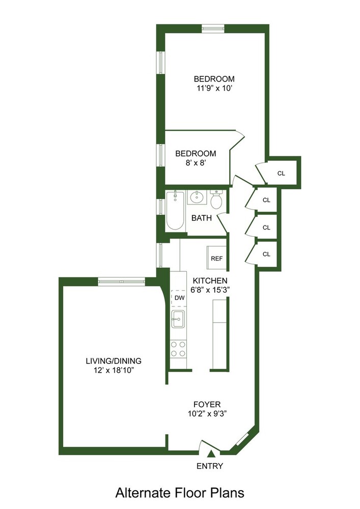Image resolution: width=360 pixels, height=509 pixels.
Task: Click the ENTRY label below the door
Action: (210, 466)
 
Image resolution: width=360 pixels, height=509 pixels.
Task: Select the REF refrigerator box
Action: (217, 258)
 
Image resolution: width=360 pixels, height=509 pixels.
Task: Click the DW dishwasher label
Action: (179, 297)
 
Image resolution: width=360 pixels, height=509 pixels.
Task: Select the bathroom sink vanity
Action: (196, 197)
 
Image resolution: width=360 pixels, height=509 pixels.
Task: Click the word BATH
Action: (202, 218)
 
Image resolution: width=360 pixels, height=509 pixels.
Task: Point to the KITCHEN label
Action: (210, 280)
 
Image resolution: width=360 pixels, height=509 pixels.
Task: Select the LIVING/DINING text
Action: (114, 361)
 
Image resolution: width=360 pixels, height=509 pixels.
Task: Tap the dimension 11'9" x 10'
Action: (214, 88)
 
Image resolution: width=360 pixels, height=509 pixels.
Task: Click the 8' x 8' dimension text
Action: (196, 163)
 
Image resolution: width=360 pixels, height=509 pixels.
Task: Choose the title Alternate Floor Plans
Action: (180, 493)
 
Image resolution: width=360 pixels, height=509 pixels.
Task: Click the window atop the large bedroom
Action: (213, 27)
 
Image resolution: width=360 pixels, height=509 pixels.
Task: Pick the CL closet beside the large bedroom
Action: (282, 173)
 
